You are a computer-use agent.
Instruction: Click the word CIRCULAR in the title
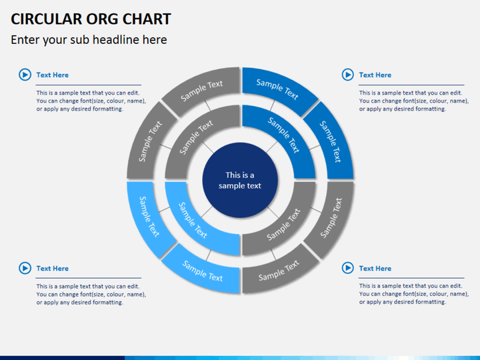coord(46,19)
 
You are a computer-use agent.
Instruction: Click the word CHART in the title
coord(147,19)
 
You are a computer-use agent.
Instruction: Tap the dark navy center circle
coord(240,180)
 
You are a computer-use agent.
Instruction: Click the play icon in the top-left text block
coord(25,75)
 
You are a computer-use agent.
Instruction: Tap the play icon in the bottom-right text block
coord(348,268)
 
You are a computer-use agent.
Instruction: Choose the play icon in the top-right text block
coord(348,75)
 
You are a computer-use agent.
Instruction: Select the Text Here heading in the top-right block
coord(375,75)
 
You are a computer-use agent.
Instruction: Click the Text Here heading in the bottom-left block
coord(53,269)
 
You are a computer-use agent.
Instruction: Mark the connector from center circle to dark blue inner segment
coord(271,147)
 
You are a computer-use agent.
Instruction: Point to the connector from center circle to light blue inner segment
coord(207,212)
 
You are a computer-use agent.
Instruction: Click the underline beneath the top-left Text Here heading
coord(89,85)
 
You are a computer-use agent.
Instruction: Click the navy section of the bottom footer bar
coord(63,358)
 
